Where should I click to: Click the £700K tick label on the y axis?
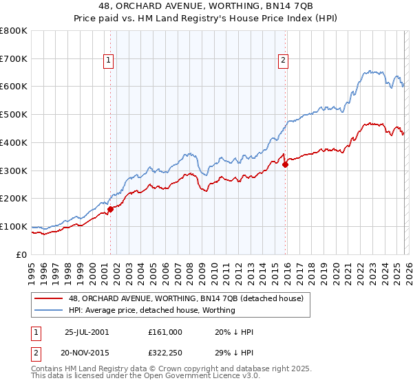click(x=13, y=58)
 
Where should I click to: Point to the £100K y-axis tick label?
click(x=13, y=226)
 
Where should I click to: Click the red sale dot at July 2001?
click(x=111, y=209)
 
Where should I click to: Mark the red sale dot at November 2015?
click(x=285, y=164)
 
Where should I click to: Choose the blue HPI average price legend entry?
click(x=151, y=310)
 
